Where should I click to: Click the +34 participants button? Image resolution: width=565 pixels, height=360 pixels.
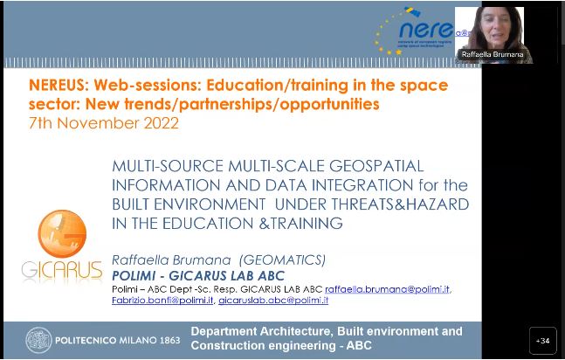tap(542, 341)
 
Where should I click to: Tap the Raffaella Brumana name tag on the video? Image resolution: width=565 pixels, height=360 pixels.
tap(493, 54)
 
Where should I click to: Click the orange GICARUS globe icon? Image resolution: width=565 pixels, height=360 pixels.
tap(62, 233)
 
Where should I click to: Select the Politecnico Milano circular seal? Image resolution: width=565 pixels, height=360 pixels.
tap(39, 340)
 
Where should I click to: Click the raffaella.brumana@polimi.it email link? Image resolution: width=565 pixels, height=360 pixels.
tap(388, 289)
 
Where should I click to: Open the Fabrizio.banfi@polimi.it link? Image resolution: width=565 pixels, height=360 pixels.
tap(162, 300)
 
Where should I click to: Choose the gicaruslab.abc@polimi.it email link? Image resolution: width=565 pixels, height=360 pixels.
tap(273, 300)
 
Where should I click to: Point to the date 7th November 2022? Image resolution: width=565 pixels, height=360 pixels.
tap(104, 123)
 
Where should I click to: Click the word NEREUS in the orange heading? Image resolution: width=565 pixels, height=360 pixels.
tap(59, 86)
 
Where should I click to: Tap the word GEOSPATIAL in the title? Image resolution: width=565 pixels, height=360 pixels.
tap(376, 166)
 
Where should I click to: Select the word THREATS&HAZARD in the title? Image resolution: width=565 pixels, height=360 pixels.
tap(400, 204)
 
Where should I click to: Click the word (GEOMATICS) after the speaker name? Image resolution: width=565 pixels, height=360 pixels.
tap(282, 260)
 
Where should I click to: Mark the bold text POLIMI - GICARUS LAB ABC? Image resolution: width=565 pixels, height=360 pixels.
tap(198, 275)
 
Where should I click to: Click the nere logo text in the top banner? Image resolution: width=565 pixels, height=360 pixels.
tap(426, 30)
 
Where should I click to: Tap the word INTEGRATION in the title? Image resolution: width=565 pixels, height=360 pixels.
tap(362, 185)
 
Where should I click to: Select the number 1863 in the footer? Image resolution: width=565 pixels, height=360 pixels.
tap(169, 340)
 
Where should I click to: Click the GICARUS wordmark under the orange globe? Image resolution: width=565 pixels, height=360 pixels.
tap(62, 270)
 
